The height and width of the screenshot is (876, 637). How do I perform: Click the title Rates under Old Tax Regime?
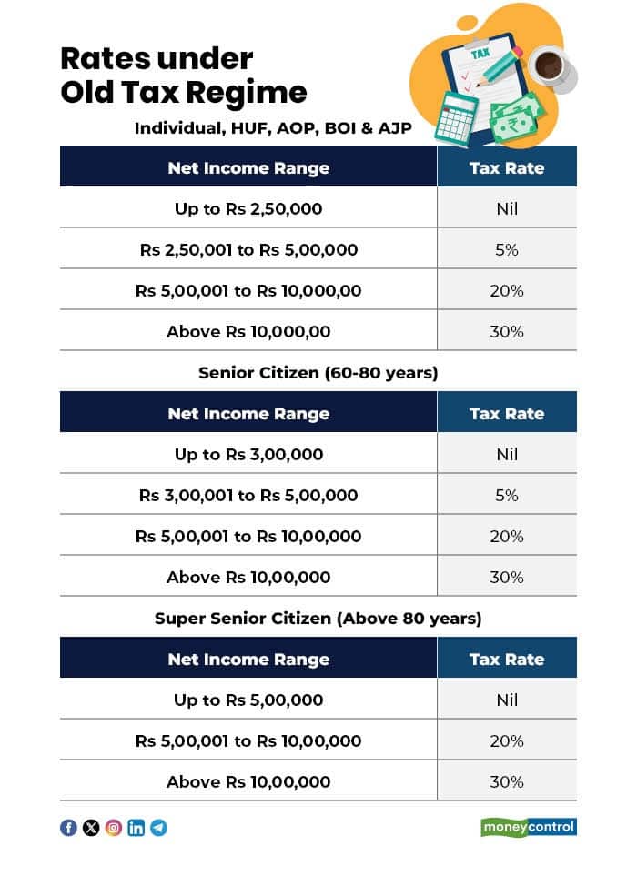tap(183, 76)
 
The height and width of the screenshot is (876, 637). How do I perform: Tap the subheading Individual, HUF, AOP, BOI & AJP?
tap(273, 128)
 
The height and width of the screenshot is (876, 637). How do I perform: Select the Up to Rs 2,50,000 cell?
tap(248, 208)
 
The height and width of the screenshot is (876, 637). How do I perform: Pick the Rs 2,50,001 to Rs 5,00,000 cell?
tap(248, 249)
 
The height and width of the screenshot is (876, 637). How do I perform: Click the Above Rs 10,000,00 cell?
tap(248, 331)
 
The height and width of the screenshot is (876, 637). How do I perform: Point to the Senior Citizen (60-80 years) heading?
tap(318, 373)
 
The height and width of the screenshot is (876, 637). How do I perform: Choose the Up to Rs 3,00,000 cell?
tap(248, 454)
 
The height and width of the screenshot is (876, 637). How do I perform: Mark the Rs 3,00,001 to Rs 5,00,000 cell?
tap(248, 496)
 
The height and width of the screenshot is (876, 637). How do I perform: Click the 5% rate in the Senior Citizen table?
tap(507, 496)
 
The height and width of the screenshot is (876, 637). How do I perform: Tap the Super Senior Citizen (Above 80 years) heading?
tap(318, 619)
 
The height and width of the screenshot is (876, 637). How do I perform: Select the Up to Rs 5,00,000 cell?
tap(248, 700)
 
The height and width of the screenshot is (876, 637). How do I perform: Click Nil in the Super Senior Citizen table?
tap(507, 700)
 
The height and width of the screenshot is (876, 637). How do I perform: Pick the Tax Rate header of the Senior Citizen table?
tap(507, 413)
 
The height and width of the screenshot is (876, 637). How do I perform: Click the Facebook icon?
tap(68, 828)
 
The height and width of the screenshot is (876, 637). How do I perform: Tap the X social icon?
tap(91, 828)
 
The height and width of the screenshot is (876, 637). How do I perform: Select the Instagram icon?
tap(114, 828)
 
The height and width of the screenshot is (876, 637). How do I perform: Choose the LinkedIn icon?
tap(136, 828)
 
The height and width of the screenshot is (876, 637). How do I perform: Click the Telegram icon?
tap(159, 828)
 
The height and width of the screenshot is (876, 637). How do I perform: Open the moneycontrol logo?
tap(529, 828)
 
